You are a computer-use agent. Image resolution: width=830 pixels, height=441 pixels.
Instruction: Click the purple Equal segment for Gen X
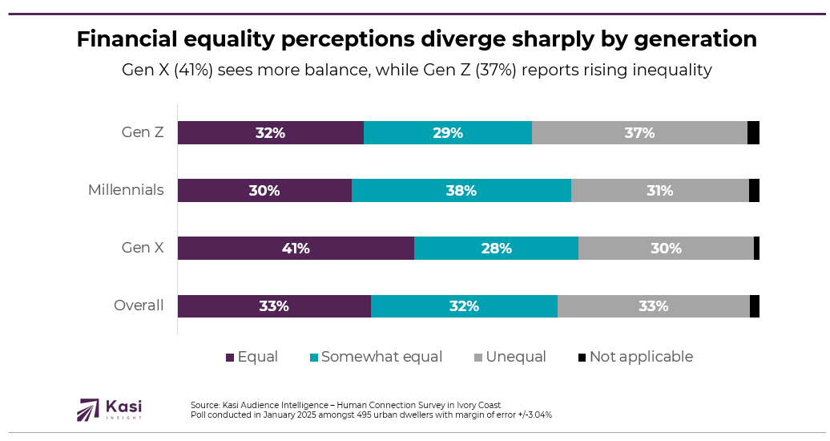tap(296, 249)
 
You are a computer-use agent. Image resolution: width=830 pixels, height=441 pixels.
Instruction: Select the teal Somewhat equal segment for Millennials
tap(461, 191)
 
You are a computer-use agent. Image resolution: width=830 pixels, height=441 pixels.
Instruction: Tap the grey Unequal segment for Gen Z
tap(639, 133)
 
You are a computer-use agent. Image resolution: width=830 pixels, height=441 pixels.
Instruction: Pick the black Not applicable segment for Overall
tap(755, 306)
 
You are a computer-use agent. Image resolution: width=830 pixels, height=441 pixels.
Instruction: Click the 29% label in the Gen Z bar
tap(448, 133)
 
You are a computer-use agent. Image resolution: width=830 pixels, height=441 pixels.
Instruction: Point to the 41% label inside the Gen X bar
tap(296, 249)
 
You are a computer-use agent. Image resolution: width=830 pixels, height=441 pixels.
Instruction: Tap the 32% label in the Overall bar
tap(464, 306)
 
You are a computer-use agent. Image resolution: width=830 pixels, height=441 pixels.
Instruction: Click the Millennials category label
tap(126, 190)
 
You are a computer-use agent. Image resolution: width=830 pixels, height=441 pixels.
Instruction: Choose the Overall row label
tap(139, 305)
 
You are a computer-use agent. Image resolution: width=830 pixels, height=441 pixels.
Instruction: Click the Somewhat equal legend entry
tap(381, 357)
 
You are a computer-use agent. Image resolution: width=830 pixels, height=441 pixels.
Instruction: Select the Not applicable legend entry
tap(641, 357)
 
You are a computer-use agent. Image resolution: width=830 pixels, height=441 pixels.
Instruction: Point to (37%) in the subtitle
tap(497, 70)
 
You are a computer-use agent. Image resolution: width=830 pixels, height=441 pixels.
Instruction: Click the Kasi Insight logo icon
tap(88, 409)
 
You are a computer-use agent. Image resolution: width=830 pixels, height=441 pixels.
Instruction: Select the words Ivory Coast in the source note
tap(478, 405)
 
